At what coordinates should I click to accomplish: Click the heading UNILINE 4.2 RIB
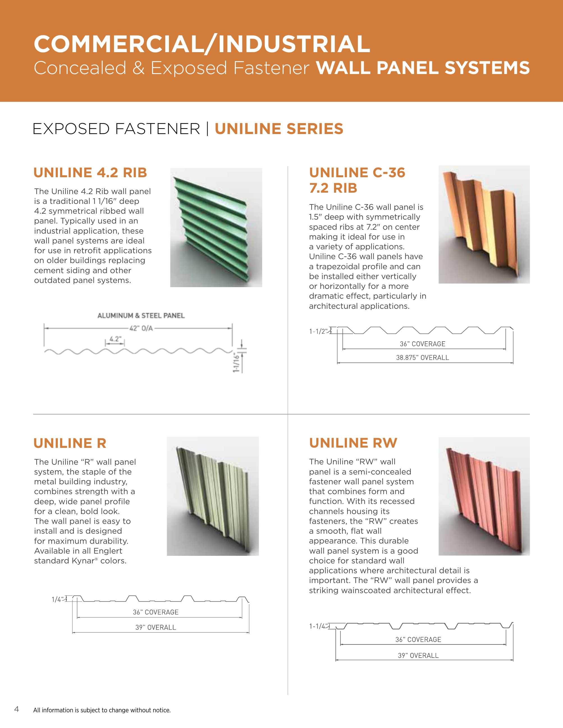pos(90,173)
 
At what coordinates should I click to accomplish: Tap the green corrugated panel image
pos(216,227)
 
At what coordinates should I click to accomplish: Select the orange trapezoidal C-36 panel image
pos(484,224)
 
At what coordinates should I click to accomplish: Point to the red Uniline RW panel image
pos(484,496)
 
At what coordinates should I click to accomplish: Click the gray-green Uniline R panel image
pos(212,496)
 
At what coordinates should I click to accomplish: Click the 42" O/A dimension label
pos(141,328)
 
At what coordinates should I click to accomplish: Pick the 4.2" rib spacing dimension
pos(115,339)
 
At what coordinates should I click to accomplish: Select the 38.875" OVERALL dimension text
pos(422,358)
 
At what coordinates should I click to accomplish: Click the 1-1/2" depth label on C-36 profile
pos(318,331)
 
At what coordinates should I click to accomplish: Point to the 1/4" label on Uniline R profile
pos(57,600)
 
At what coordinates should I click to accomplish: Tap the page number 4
pos(17,709)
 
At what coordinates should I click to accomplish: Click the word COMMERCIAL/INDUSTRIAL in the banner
pos(202,44)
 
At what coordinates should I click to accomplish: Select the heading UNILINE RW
pos(353,443)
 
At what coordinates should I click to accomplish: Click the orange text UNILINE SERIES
pos(279,129)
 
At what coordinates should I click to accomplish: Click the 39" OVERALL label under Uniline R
pos(155,627)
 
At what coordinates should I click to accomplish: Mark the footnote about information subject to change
pos(102,710)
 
